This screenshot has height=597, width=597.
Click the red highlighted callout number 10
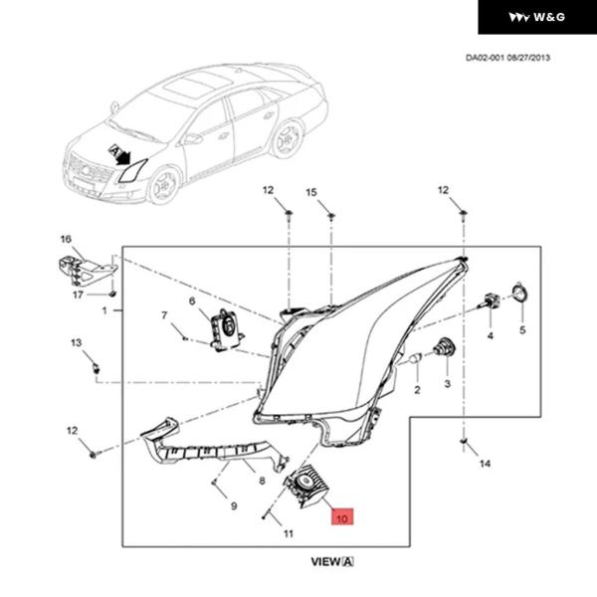pos(341,518)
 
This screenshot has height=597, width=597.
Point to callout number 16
pos(66,239)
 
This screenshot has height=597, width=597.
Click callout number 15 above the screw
pos(310,190)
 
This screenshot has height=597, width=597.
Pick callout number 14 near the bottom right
pos(485,464)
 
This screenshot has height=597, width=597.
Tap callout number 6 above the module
pos(192,300)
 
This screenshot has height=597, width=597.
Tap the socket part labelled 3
pos(444,348)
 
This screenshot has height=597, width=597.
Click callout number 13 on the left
pos(75,343)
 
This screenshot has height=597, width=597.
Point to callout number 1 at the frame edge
pos(103,310)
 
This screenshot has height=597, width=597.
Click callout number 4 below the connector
pos(490,336)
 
